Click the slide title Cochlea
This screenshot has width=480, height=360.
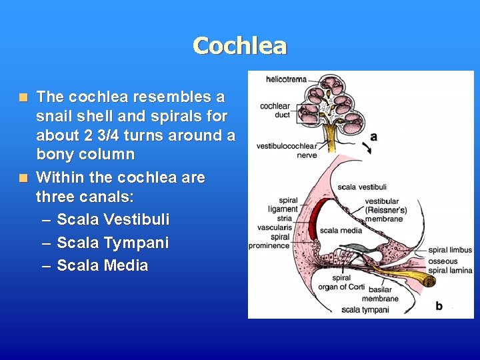(240, 45)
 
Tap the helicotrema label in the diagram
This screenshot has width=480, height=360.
(286, 79)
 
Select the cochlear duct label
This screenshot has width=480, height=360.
(275, 110)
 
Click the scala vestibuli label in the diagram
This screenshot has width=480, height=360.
(362, 187)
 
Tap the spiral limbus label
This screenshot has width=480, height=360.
(450, 251)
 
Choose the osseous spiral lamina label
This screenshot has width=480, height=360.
(451, 265)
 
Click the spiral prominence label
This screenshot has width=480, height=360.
(269, 241)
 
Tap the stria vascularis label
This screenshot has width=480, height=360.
(275, 223)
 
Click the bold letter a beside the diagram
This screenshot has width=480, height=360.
(373, 137)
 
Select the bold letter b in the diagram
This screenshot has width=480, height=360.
(439, 305)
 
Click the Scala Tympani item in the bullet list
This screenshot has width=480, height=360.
(113, 243)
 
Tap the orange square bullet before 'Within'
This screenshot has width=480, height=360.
(23, 178)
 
